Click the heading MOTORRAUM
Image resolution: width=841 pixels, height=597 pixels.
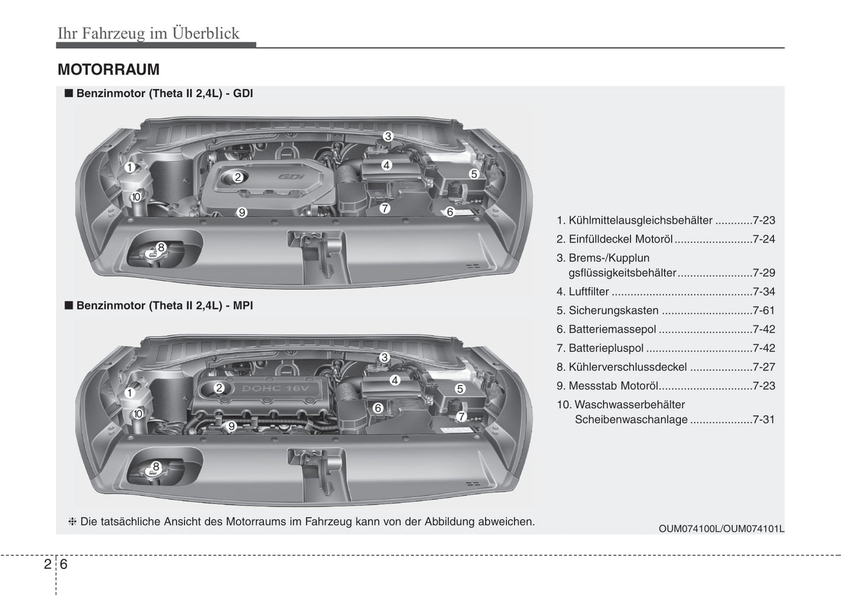108,70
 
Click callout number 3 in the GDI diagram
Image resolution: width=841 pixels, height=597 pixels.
388,137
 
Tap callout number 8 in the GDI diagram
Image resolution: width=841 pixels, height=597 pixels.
161,247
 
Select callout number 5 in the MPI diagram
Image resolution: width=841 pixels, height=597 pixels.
460,389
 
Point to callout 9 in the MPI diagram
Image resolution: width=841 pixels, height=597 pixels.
231,427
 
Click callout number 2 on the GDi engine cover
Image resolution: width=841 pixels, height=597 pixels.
237,177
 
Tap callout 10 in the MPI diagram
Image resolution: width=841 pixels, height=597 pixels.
138,414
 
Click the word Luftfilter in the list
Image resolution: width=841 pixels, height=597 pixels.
588,292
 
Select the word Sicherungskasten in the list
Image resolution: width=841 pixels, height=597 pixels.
613,311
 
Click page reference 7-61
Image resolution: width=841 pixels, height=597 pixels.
764,311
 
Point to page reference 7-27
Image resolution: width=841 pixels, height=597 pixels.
764,367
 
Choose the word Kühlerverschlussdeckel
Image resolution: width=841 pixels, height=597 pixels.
627,367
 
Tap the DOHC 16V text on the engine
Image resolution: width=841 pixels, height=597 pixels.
276,388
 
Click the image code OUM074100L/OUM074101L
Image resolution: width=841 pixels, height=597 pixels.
721,529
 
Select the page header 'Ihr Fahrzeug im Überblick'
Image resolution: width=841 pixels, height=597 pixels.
148,33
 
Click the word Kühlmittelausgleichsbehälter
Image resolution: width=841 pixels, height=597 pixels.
640,221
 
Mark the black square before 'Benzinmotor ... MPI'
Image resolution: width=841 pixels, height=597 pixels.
68,305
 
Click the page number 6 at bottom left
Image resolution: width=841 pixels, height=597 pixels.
63,564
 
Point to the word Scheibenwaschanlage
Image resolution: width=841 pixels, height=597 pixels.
631,420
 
